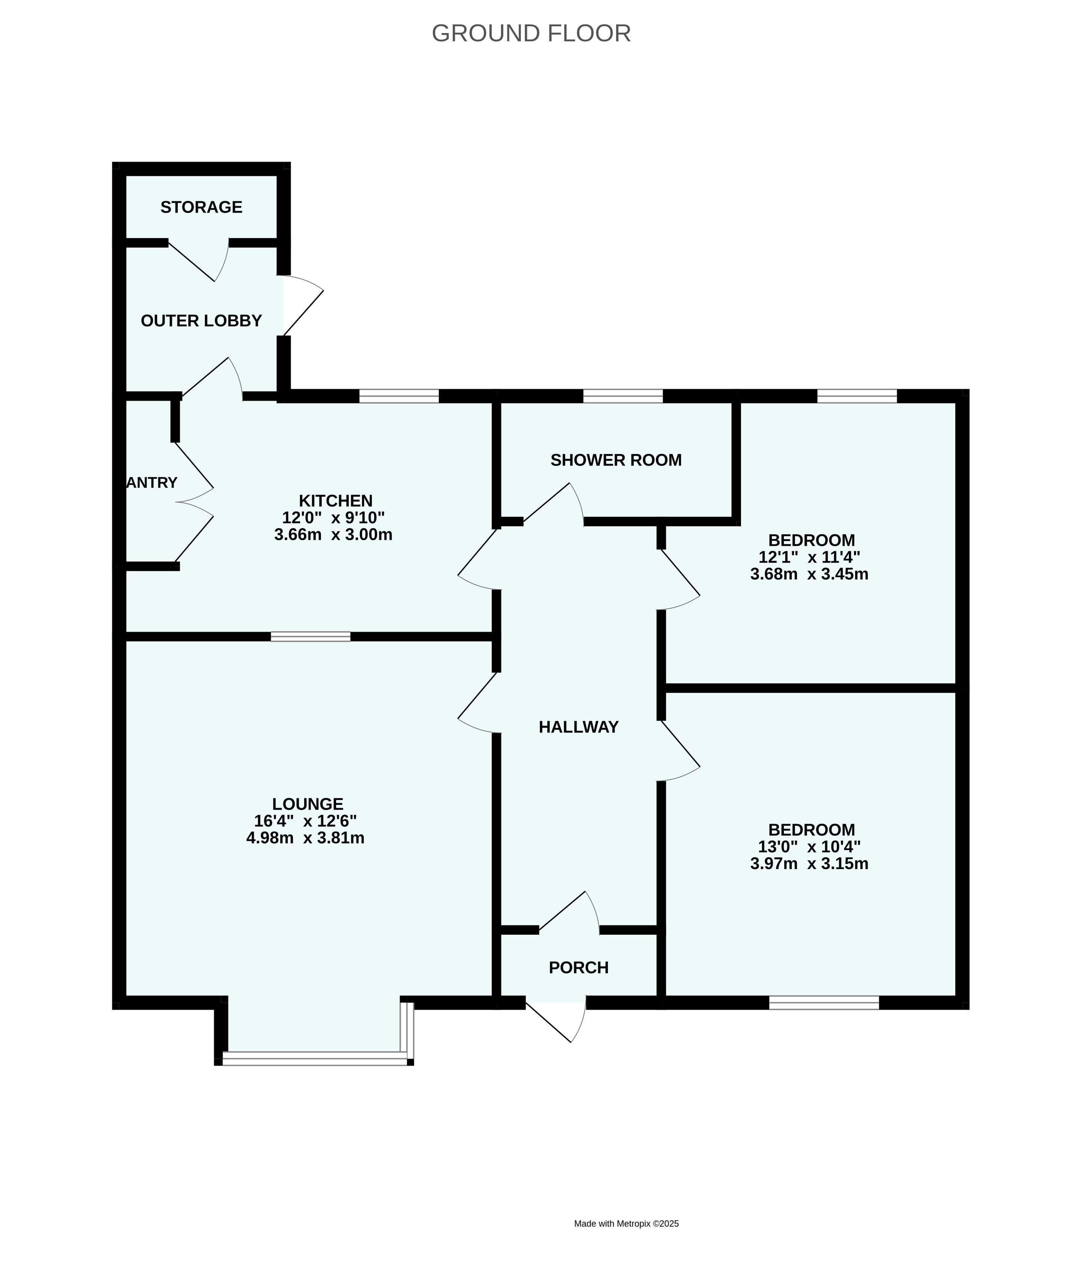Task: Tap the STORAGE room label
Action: tap(201, 207)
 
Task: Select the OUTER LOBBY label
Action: tap(201, 320)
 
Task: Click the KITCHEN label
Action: tap(335, 500)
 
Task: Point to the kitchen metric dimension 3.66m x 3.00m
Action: tap(334, 534)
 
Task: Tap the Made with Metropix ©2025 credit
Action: tap(626, 1155)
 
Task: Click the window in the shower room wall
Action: tap(623, 396)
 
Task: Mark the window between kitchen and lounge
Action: tap(311, 636)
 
